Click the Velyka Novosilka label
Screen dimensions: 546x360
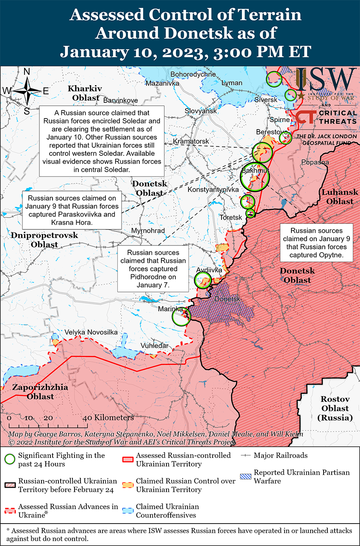click(91, 332)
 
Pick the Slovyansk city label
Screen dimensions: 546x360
click(200, 111)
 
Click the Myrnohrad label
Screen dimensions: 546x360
click(148, 231)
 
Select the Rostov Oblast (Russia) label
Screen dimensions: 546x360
click(335, 408)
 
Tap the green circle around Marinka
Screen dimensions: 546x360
click(181, 317)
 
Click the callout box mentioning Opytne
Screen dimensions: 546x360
click(316, 243)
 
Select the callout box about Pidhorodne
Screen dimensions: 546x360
click(153, 269)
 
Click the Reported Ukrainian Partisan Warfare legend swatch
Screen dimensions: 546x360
click(246, 476)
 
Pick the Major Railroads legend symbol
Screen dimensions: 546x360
click(246, 455)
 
